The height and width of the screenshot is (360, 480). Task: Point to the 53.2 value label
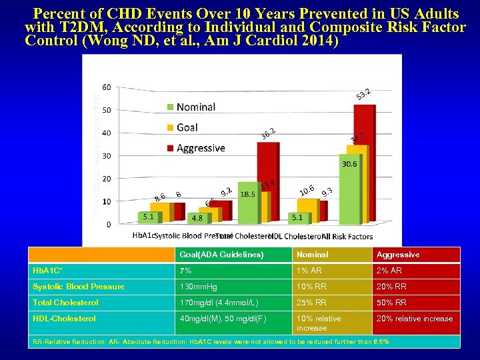pyautogui.click(x=363, y=95)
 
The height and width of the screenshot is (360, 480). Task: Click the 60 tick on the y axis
pyautogui.click(x=107, y=87)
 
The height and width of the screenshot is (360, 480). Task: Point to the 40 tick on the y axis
pyautogui.click(x=107, y=133)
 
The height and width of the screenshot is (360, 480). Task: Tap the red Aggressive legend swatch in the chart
pyautogui.click(x=170, y=148)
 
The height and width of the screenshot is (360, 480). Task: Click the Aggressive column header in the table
pyautogui.click(x=398, y=255)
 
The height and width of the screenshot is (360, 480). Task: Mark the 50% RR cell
pyautogui.click(x=393, y=303)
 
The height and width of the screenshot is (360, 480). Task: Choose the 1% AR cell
pyautogui.click(x=311, y=271)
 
